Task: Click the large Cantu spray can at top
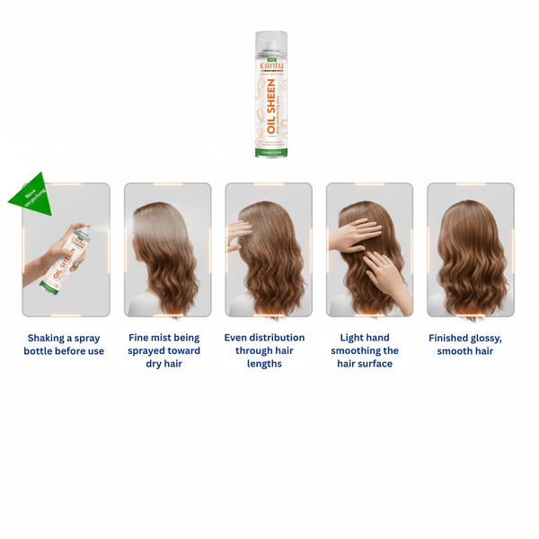click(270, 94)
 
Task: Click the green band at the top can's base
click(270, 153)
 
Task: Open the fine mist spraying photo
click(167, 250)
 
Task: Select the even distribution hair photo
click(269, 250)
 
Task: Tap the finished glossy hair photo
click(470, 250)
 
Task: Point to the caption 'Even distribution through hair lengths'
click(264, 350)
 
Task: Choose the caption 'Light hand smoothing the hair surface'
click(365, 350)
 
